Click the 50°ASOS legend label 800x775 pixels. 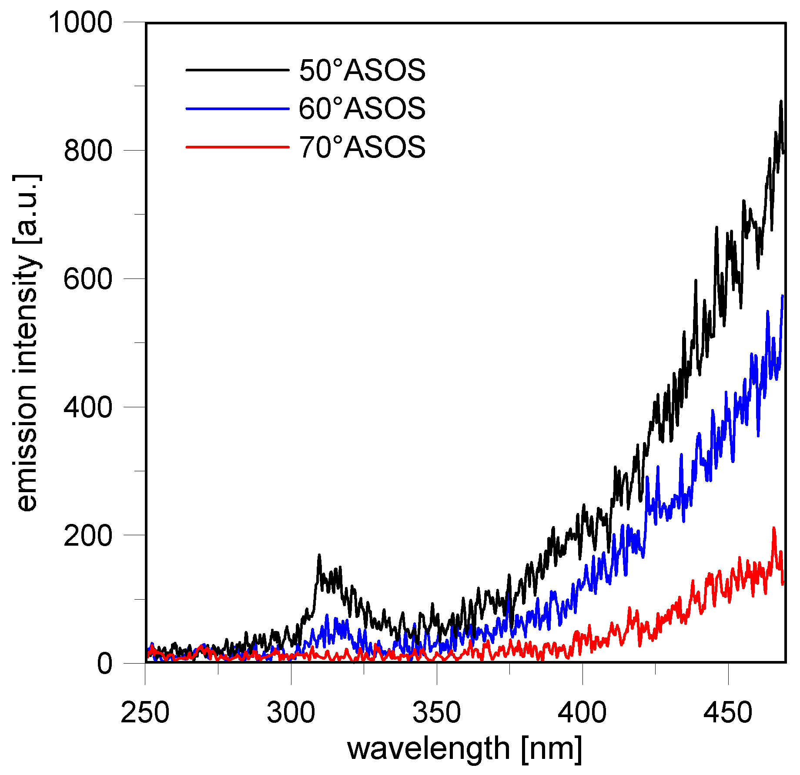[x=362, y=70]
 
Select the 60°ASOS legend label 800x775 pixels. [x=362, y=108]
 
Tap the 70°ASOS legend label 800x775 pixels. [x=362, y=147]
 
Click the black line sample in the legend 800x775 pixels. [x=237, y=70]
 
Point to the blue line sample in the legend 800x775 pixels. [x=237, y=108]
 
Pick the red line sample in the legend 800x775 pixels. [x=237, y=147]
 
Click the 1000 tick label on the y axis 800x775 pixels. [x=81, y=22]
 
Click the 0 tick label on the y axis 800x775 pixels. [x=105, y=664]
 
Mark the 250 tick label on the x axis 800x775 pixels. [x=145, y=713]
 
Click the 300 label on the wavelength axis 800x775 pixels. [x=291, y=713]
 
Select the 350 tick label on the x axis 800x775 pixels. [x=437, y=713]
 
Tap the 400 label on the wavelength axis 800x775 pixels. [x=582, y=713]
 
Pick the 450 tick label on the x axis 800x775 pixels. [x=728, y=713]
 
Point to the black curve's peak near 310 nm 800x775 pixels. [x=319, y=555]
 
